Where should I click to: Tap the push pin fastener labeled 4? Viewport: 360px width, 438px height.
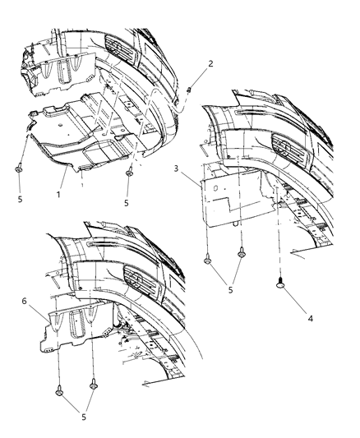tap(281, 284)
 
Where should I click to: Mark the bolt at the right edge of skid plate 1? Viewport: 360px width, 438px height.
tap(130, 173)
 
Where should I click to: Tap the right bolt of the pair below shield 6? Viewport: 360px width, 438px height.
tap(94, 383)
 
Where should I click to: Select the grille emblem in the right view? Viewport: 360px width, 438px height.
tap(287, 157)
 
